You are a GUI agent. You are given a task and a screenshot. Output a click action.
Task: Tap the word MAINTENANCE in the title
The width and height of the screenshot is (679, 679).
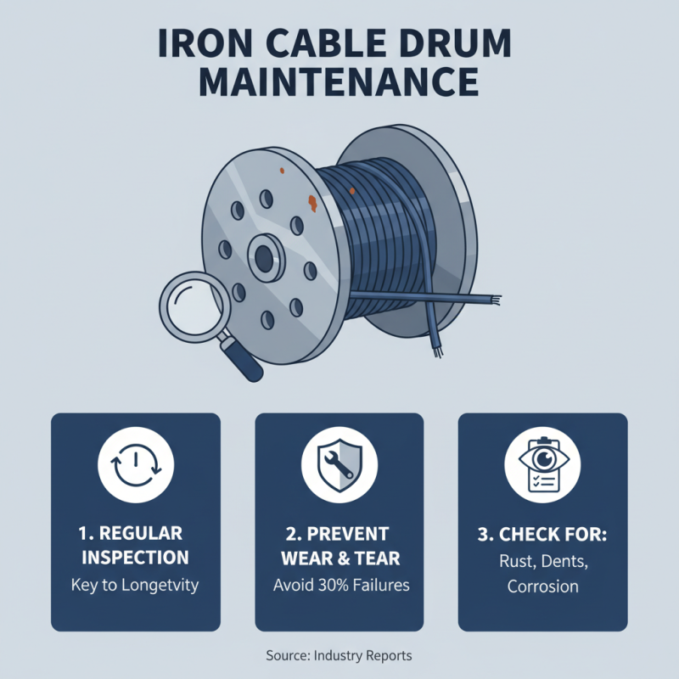(339, 82)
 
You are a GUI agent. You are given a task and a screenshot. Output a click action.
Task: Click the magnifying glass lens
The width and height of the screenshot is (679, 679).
(194, 306)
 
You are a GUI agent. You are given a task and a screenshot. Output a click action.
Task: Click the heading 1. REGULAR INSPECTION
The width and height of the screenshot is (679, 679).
(136, 546)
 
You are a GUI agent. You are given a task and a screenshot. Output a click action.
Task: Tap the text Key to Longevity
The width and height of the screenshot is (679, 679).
(136, 586)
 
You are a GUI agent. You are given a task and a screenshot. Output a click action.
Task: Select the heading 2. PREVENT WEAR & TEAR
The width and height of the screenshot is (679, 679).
(339, 546)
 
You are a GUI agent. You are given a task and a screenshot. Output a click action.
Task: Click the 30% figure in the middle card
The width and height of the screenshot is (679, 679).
(337, 586)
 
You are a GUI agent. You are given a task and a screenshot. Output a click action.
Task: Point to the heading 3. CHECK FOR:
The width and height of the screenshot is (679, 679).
(542, 536)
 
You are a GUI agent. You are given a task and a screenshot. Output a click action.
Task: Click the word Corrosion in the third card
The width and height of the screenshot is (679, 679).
(542, 586)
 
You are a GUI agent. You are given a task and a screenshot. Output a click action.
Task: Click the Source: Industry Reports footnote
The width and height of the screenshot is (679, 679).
(339, 656)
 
